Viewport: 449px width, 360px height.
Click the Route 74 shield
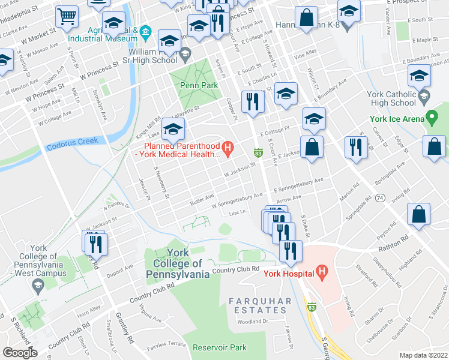click(x=380, y=197)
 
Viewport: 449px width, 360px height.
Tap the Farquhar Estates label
click(x=260, y=305)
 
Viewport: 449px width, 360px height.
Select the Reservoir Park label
click(x=222, y=347)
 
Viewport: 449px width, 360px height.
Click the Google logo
click(x=20, y=353)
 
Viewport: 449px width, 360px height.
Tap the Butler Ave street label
click(x=202, y=197)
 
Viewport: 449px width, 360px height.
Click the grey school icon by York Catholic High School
click(x=424, y=96)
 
